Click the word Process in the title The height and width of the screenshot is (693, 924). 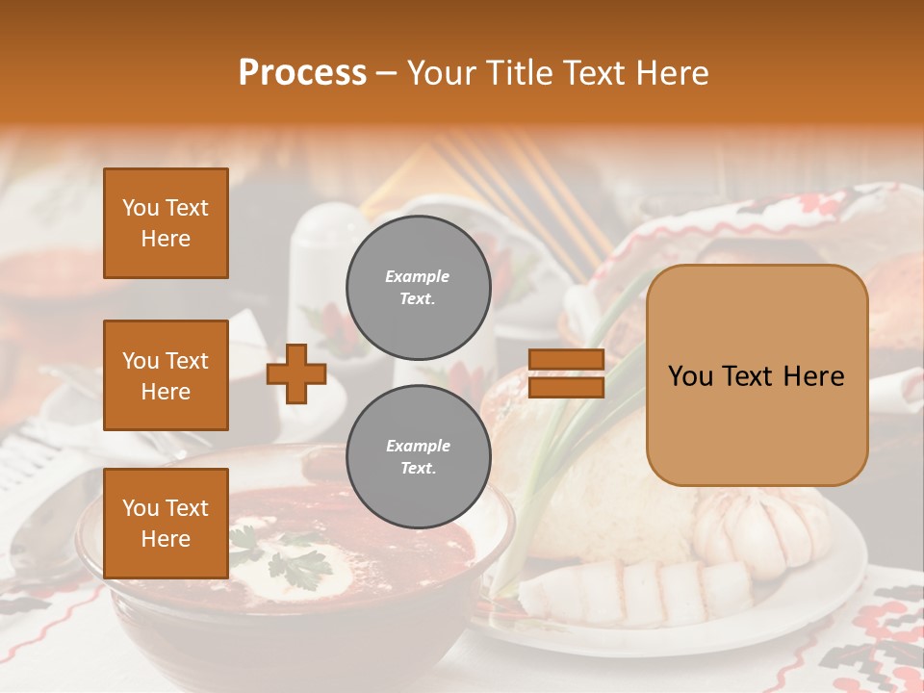302,73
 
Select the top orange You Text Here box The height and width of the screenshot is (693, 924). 166,223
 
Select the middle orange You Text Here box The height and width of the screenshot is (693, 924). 166,375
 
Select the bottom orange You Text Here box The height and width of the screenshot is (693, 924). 166,523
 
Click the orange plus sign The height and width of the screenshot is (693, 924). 296,373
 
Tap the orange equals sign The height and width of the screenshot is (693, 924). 566,373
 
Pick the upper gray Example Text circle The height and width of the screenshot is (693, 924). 418,287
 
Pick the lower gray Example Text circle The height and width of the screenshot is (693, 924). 418,456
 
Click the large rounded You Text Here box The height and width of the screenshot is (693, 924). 757,375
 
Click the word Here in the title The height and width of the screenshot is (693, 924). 672,73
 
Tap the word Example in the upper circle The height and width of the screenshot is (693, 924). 418,276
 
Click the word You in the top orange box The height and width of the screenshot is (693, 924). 140,208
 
